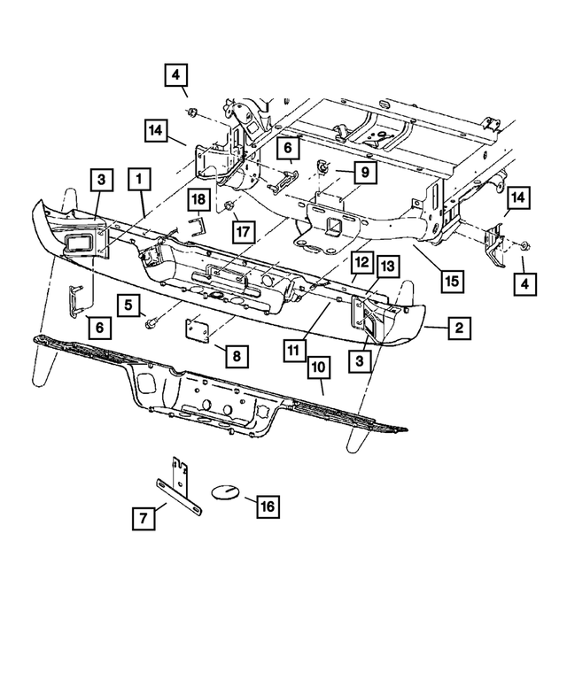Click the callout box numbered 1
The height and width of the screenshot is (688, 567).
138,180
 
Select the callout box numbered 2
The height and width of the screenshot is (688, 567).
458,329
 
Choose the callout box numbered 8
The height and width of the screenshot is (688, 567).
236,357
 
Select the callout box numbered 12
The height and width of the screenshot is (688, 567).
361,263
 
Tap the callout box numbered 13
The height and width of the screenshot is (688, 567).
387,266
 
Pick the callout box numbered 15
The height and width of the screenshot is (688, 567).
452,282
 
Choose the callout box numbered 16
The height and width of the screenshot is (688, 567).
266,506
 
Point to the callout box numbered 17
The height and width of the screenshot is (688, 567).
241,231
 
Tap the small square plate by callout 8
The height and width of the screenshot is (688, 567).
198,331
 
